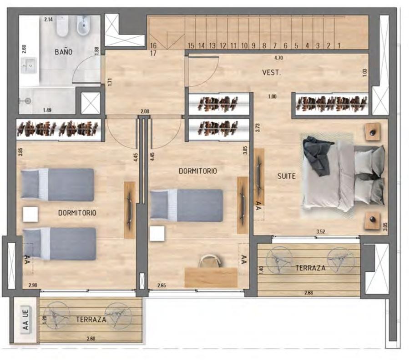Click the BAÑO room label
[63, 52]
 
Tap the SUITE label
[287, 176]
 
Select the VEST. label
[272, 72]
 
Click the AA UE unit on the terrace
[25, 319]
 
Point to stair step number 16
[153, 45]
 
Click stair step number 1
[339, 45]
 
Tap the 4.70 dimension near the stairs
[278, 58]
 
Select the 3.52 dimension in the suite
[321, 231]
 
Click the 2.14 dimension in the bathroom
[49, 19]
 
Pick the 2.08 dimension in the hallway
[145, 111]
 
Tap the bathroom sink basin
[29, 65]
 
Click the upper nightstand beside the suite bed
[372, 132]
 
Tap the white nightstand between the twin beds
[30, 215]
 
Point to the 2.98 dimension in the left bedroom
[33, 285]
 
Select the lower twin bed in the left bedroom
[59, 244]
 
